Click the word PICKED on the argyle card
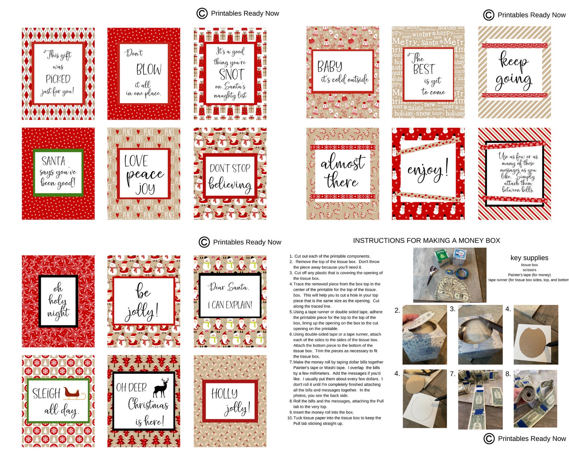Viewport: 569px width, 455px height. tap(58, 79)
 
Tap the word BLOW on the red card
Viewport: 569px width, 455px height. tap(149, 70)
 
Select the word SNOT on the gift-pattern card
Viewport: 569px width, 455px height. tap(231, 75)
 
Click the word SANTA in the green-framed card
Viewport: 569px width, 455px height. tap(53, 161)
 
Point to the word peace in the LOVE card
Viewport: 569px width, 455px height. tap(145, 174)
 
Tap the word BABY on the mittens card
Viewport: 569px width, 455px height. tap(330, 67)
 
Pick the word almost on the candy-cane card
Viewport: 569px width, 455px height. tap(343, 163)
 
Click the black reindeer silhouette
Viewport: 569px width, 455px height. tap(161, 388)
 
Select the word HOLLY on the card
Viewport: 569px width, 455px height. tap(224, 394)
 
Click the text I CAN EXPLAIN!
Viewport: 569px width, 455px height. tap(230, 305)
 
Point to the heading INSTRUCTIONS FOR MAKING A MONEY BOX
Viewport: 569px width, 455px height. tap(426, 241)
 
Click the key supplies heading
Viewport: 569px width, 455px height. tap(529, 258)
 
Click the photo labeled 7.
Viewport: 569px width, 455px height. tap(480, 399)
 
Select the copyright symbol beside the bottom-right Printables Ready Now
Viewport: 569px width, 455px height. tap(489, 439)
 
